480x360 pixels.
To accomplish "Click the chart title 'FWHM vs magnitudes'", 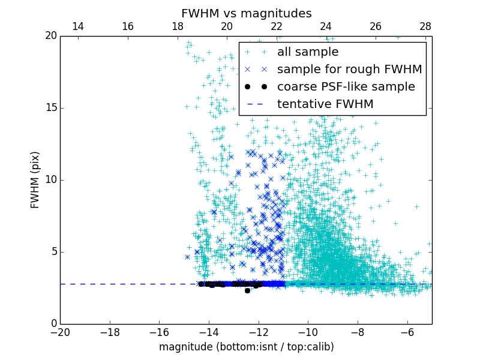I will click(x=246, y=13).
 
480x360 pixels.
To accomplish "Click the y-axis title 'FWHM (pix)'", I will click(x=35, y=179).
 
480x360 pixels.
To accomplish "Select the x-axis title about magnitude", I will click(x=246, y=347).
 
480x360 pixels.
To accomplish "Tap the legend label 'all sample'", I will click(x=308, y=52).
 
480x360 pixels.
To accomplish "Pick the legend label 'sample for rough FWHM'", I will click(x=349, y=70).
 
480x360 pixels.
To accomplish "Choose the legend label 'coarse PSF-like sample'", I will click(x=346, y=87).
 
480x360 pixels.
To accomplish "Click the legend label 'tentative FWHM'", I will click(x=325, y=104).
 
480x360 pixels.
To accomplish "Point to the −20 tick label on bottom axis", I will click(x=60, y=332).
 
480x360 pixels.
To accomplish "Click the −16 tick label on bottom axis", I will click(x=159, y=332).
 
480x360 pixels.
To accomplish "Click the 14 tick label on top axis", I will click(x=78, y=26).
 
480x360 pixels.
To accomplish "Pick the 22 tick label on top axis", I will click(x=277, y=26).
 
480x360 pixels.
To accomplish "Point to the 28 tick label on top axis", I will click(x=425, y=26).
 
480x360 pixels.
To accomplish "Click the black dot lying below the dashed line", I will click(x=247, y=290).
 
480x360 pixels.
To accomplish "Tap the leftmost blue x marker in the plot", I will click(x=187, y=257).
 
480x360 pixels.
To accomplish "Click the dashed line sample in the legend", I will click(x=256, y=104).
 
